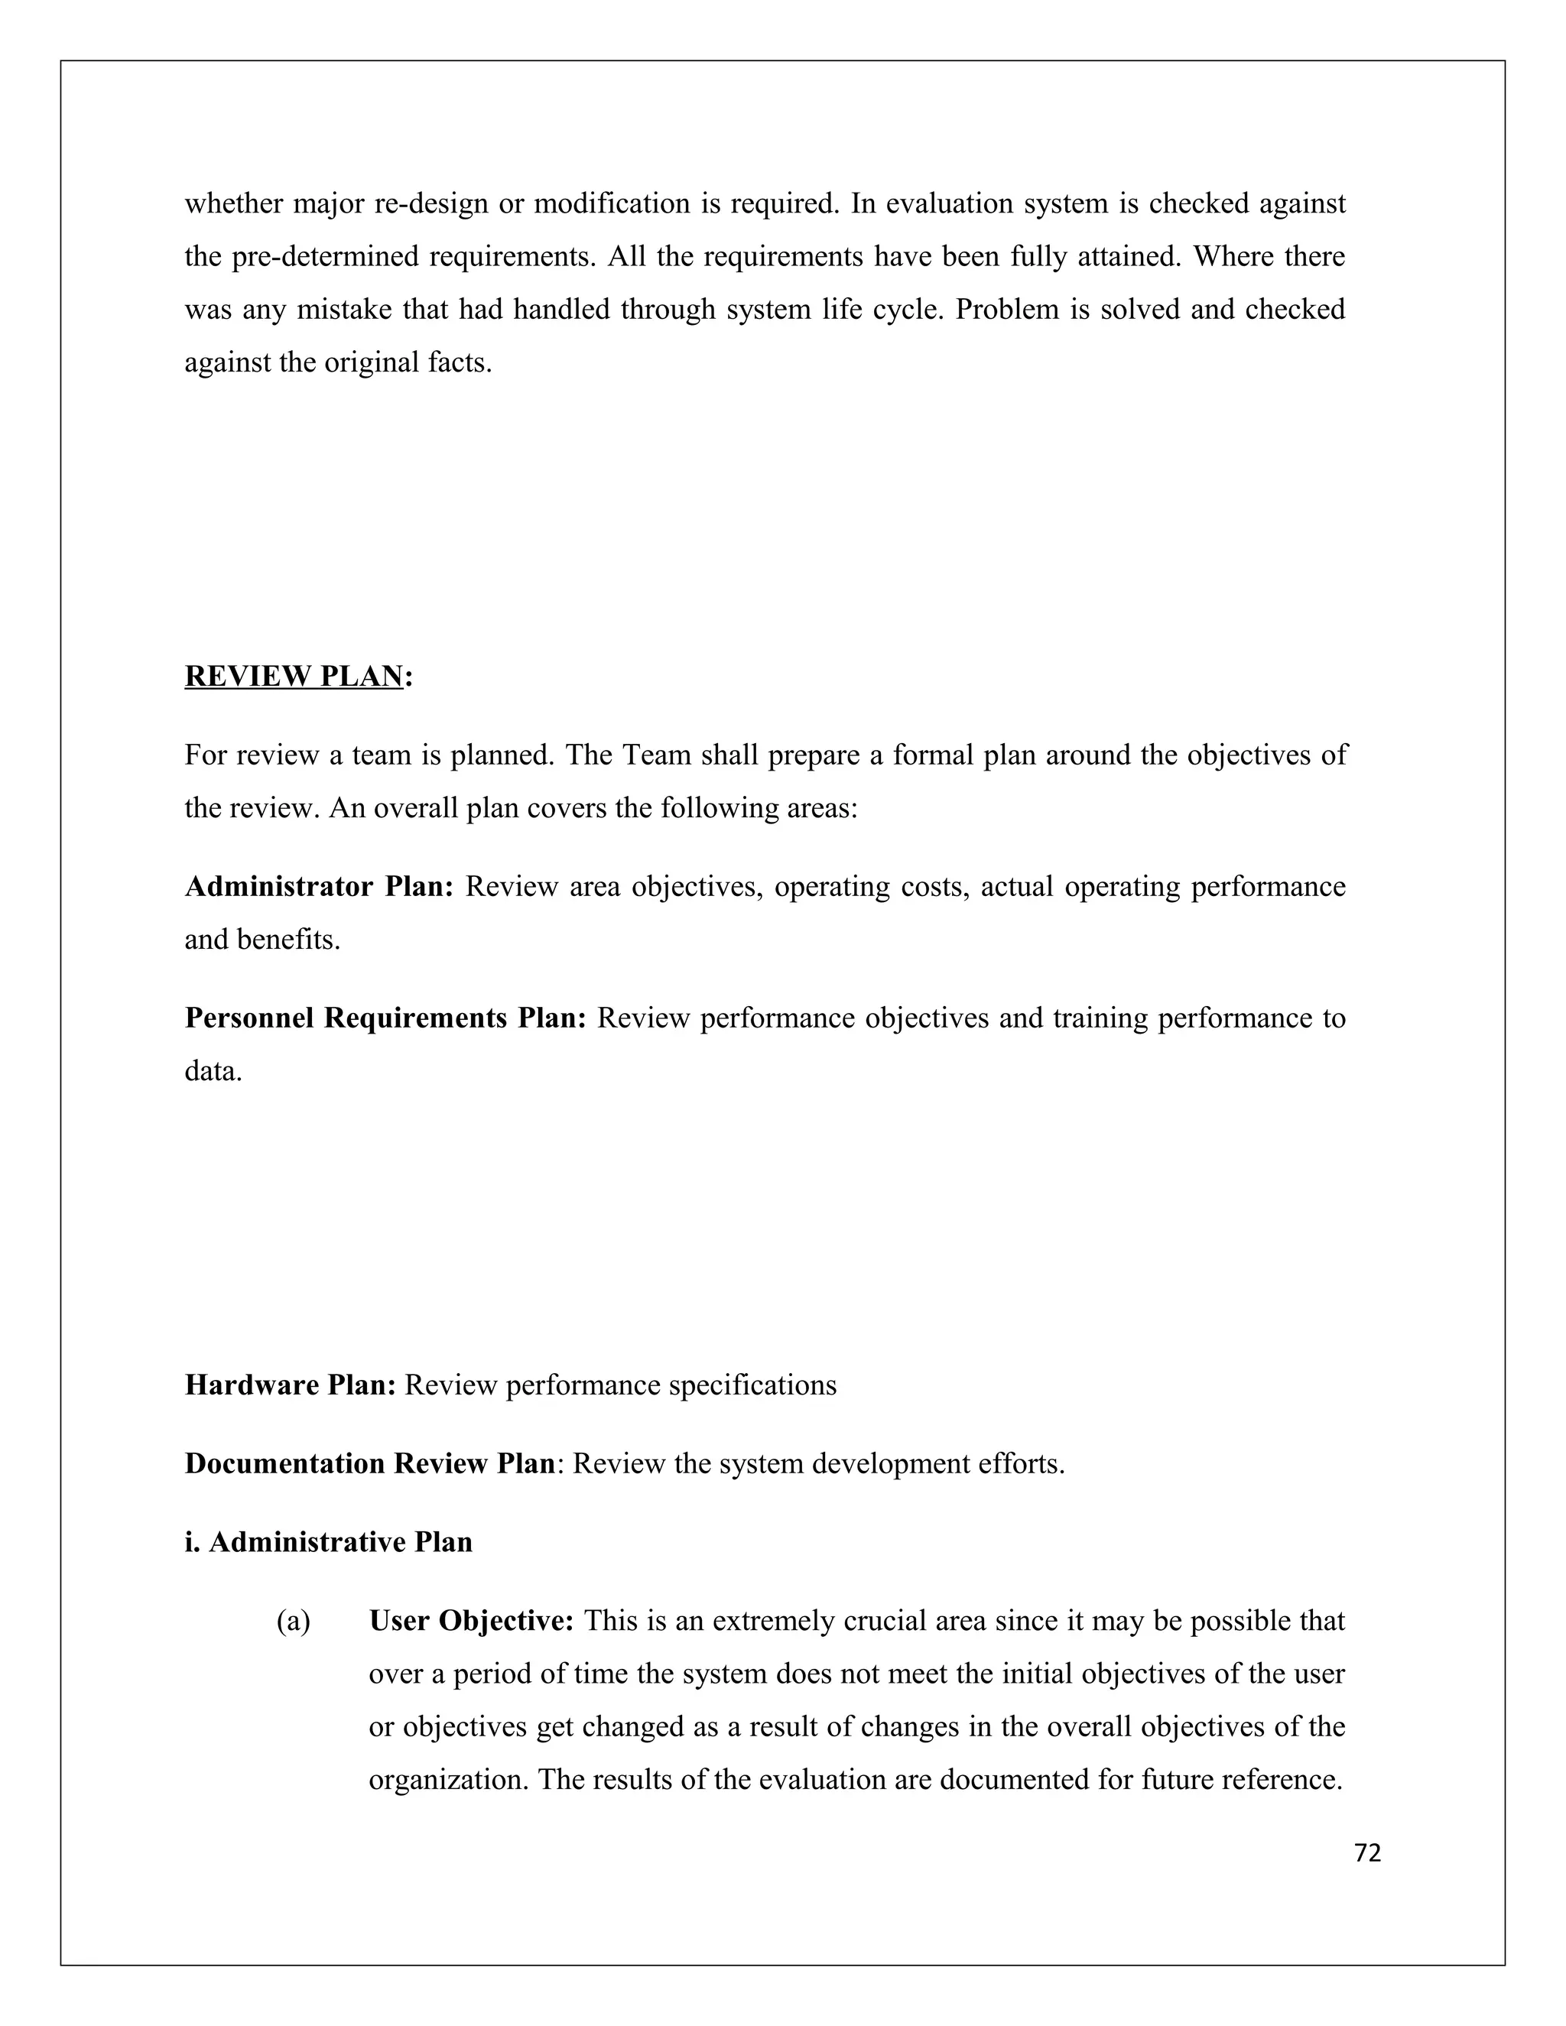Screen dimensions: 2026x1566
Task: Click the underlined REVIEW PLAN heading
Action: tap(294, 677)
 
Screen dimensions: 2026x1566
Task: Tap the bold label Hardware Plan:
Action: tap(291, 1385)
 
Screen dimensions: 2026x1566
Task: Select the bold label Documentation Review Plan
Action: tap(369, 1464)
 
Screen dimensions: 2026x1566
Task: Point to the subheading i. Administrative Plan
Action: tap(328, 1543)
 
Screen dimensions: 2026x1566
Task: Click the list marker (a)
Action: tap(293, 1622)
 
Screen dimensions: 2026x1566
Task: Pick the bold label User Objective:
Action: tap(471, 1622)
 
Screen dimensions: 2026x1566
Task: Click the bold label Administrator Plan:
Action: tap(318, 887)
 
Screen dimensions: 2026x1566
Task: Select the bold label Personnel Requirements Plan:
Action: tap(385, 1018)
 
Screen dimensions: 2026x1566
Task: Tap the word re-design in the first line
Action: tap(430, 203)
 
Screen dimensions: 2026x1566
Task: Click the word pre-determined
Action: tap(325, 256)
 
